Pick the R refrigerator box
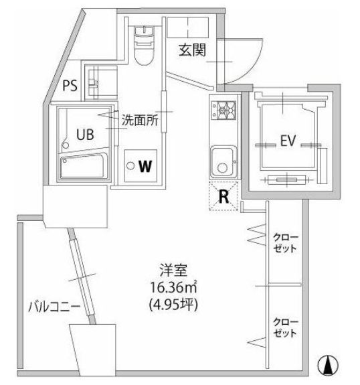tap(223, 196)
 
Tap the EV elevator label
tap(288, 141)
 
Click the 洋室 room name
tap(173, 271)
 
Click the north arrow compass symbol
tap(328, 366)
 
